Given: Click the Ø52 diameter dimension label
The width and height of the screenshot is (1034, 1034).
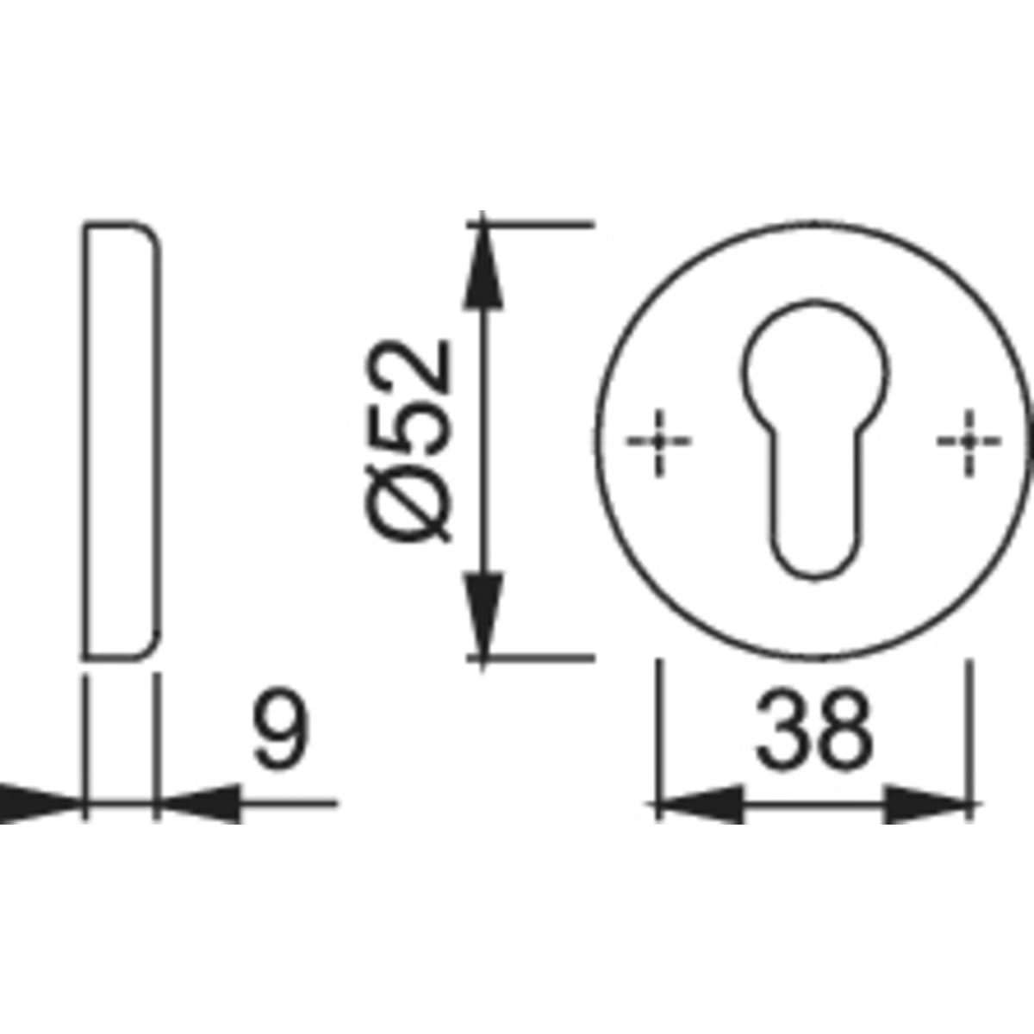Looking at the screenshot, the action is [408, 440].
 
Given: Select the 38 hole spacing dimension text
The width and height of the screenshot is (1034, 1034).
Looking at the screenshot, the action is [814, 730].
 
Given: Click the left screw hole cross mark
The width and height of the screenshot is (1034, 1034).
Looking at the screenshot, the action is [659, 442].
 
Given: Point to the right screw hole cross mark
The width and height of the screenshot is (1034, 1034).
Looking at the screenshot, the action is [969, 442].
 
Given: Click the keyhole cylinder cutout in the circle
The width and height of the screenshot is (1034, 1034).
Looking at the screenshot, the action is [815, 439].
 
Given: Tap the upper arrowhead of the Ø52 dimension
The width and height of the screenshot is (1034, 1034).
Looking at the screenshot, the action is [483, 265].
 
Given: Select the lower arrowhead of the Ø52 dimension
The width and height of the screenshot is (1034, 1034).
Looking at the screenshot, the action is [483, 615].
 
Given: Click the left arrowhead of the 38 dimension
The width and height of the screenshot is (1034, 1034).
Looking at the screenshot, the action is [701, 804].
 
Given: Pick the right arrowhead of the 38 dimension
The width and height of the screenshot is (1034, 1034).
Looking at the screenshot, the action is [926, 804].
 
